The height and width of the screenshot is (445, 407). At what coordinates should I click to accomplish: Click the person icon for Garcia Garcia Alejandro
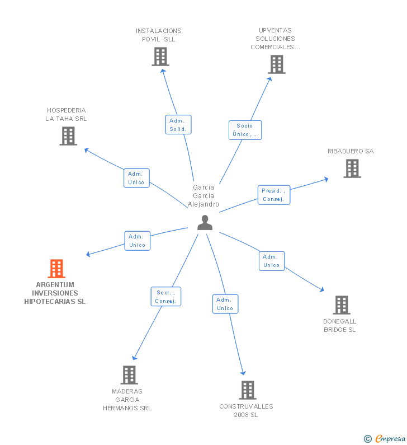pyautogui.click(x=205, y=223)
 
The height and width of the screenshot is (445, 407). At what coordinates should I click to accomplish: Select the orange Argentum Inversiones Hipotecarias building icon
pyautogui.click(x=56, y=269)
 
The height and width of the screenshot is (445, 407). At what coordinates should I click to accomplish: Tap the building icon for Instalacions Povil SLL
pyautogui.click(x=160, y=57)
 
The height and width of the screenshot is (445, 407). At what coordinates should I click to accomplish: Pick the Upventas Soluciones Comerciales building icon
pyautogui.click(x=276, y=64)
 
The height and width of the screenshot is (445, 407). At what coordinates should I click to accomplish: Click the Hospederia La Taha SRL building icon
pyautogui.click(x=68, y=136)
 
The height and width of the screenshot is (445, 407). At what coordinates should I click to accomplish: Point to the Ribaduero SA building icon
pyautogui.click(x=352, y=168)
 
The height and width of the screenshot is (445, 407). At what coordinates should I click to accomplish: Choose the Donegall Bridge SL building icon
pyautogui.click(x=341, y=305)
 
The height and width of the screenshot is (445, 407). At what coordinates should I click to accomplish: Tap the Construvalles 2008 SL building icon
pyautogui.click(x=247, y=390)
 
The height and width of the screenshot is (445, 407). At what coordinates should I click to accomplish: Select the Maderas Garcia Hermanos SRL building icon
pyautogui.click(x=129, y=375)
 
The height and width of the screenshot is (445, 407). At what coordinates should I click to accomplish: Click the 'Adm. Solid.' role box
pyautogui.click(x=178, y=125)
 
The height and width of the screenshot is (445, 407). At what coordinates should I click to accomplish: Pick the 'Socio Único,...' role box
pyautogui.click(x=245, y=130)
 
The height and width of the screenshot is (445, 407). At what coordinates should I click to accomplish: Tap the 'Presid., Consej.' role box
pyautogui.click(x=273, y=195)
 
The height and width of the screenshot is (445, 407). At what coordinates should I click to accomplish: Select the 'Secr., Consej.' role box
pyautogui.click(x=166, y=297)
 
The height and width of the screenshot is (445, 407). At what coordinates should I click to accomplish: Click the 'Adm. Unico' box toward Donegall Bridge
pyautogui.click(x=272, y=261)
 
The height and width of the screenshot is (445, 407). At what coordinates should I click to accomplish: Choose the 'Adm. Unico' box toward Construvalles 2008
pyautogui.click(x=225, y=304)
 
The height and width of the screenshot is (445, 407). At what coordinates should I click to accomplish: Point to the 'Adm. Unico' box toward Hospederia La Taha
pyautogui.click(x=136, y=178)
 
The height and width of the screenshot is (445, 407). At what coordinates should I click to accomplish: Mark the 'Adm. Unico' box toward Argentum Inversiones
pyautogui.click(x=137, y=241)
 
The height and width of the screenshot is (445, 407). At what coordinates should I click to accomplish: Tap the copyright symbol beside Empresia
pyautogui.click(x=367, y=439)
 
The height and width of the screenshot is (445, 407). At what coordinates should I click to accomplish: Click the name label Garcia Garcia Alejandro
pyautogui.click(x=203, y=196)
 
